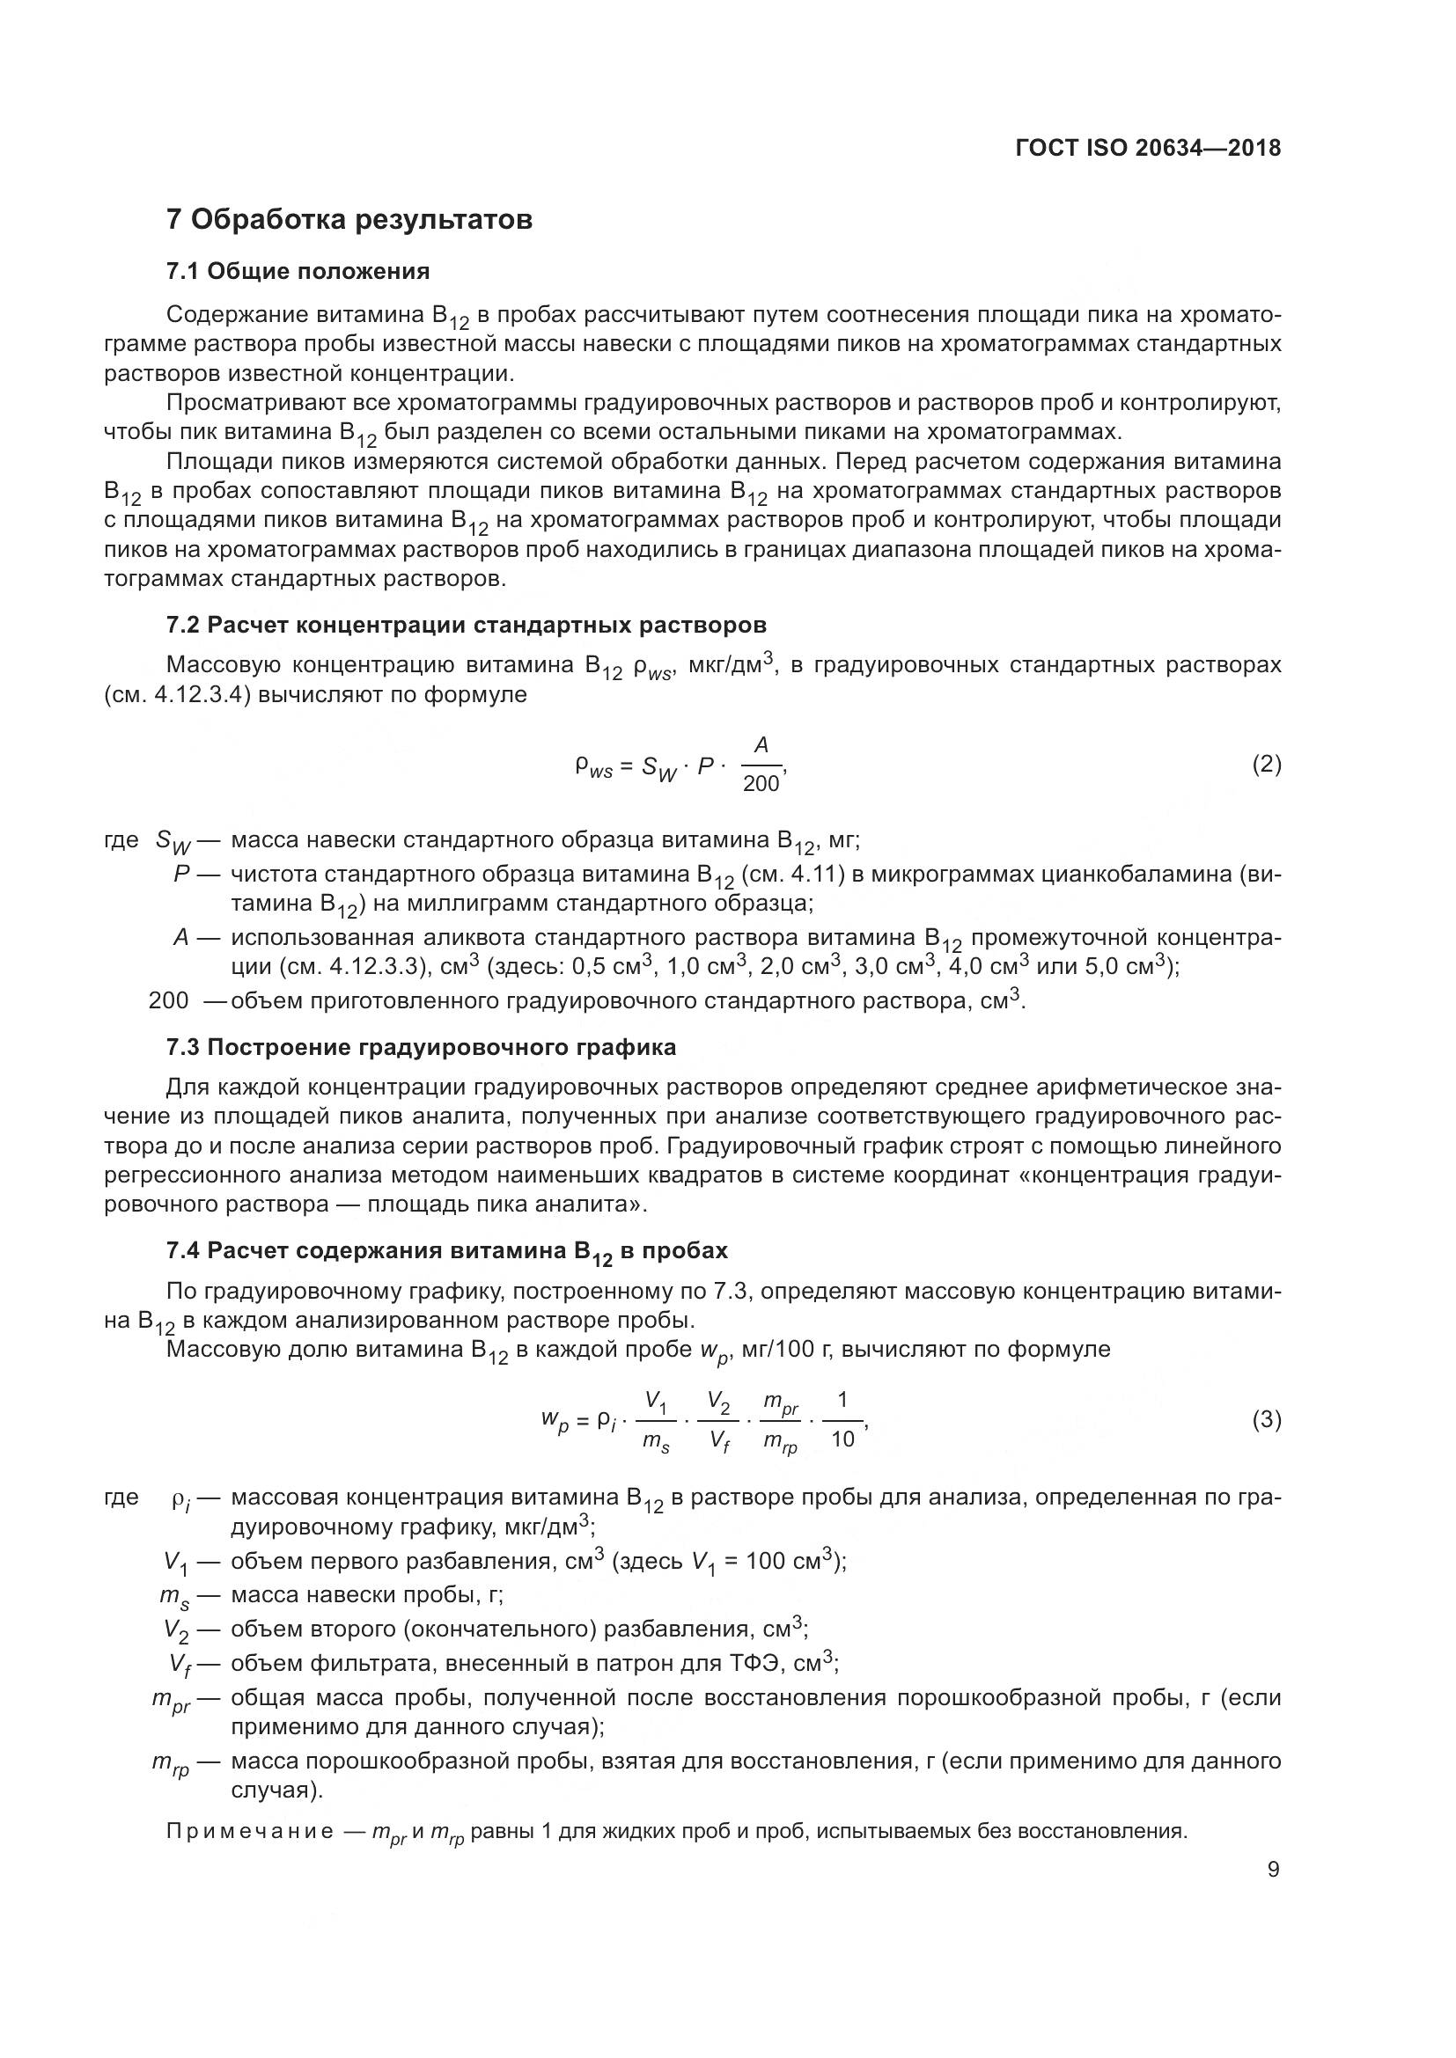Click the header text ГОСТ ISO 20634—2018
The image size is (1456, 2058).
[x=1148, y=149]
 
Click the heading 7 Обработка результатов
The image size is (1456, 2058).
[x=349, y=220]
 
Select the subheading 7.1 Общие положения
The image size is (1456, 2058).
[x=298, y=271]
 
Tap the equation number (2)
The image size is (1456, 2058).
[x=1266, y=765]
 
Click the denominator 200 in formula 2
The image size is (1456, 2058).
[x=761, y=783]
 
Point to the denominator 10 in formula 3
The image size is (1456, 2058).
[x=842, y=1439]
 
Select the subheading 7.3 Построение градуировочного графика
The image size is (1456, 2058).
[x=422, y=1047]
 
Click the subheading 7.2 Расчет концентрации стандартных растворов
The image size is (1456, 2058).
[x=467, y=625]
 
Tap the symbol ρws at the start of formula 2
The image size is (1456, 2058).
[x=593, y=767]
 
